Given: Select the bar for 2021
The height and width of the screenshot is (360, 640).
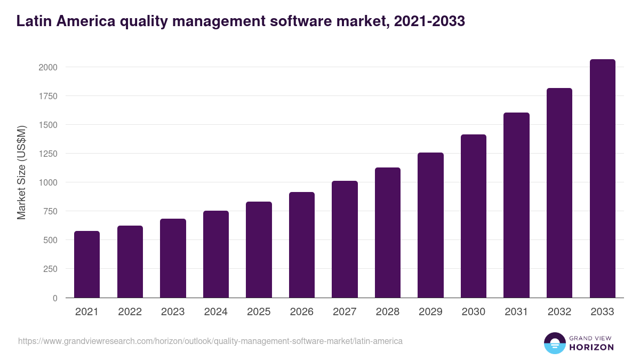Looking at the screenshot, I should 87,265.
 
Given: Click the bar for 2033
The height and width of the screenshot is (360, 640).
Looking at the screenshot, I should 603,179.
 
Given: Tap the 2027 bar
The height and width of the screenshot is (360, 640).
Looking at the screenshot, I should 345,239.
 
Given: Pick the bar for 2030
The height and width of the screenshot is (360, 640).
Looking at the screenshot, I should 474,216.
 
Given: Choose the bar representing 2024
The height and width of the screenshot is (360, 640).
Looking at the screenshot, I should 216,254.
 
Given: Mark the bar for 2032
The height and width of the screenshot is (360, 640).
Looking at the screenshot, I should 559,193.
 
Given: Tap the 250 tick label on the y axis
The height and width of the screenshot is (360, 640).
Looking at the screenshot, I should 51,269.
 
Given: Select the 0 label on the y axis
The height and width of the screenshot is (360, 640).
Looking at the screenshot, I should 55,298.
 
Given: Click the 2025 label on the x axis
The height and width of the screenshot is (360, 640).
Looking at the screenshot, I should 259,312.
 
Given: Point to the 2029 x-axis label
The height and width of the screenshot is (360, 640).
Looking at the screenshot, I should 430,312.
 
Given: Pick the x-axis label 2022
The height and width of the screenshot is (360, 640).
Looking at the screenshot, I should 130,312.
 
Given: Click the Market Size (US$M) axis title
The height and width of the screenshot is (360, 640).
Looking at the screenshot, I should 21,172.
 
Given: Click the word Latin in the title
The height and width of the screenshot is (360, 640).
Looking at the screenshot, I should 34,21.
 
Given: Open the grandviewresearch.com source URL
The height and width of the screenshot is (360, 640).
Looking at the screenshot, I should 210,341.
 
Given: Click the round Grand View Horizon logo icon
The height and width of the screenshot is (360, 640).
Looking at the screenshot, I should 554,343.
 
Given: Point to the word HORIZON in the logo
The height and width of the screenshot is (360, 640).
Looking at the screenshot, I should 591,347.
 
